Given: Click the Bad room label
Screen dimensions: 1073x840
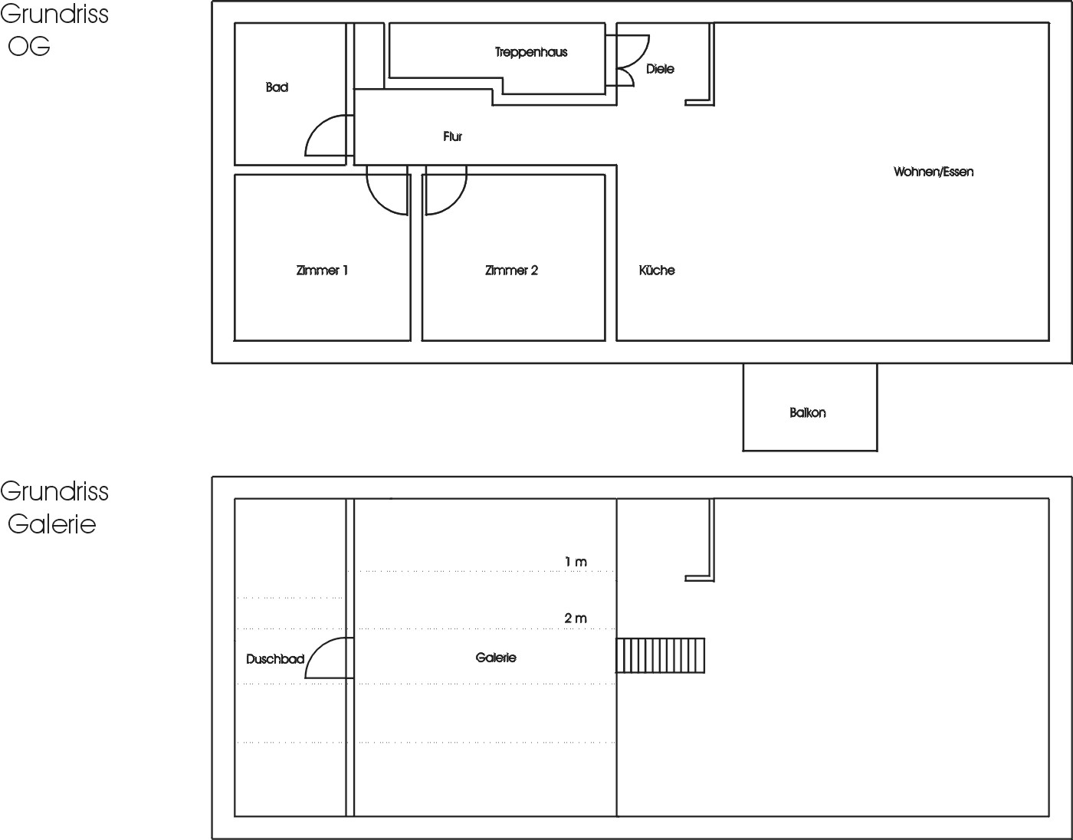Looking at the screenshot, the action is [277, 87].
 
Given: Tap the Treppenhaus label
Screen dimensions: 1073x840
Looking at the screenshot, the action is [531, 52].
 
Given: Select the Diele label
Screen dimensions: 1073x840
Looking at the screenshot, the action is [660, 69].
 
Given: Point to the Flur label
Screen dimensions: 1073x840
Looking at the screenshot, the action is [452, 136].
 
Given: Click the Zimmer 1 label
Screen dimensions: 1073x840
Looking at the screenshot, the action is [322, 271].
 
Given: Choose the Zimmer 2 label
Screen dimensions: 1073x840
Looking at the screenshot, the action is [511, 271].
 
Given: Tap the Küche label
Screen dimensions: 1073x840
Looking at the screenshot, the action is [657, 271].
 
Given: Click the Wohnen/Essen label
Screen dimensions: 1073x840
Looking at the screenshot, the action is [934, 172].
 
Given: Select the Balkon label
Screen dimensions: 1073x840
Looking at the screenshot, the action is [807, 412].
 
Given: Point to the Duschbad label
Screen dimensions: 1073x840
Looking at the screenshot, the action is [275, 659].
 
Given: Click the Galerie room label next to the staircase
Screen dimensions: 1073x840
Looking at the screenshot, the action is [496, 658].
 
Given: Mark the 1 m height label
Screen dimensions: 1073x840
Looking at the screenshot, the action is [576, 562].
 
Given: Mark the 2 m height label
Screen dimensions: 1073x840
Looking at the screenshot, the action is [576, 619].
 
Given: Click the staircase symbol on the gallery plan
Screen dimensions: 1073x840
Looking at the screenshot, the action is [660, 655].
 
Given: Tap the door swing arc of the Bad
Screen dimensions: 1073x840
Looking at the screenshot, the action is [316, 126].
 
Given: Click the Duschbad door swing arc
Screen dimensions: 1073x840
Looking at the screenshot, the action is [316, 649].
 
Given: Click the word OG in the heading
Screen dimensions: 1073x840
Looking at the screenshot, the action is [29, 47].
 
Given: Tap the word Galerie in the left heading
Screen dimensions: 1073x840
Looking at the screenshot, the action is [52, 524].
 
